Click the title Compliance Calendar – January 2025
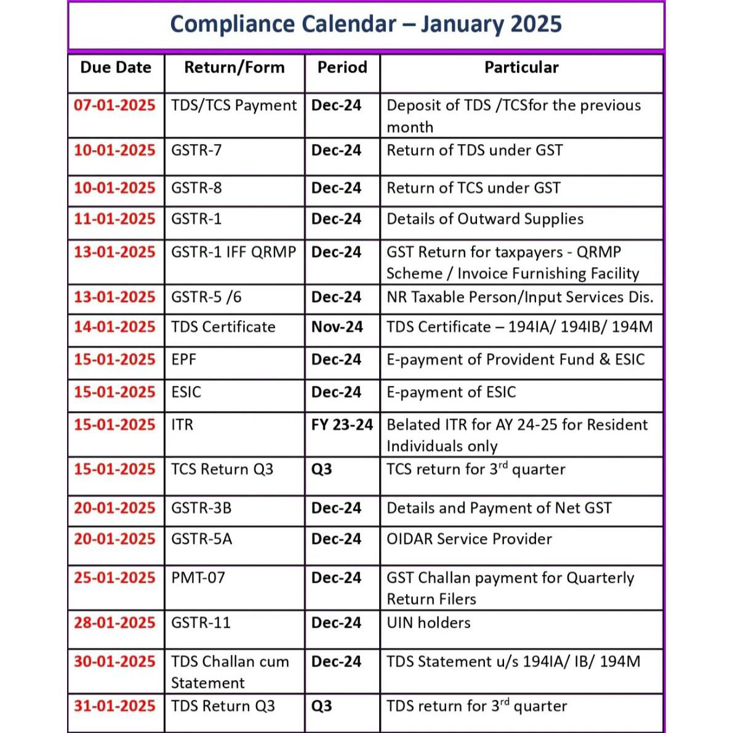366,25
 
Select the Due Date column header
116,67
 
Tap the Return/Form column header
234,67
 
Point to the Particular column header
521,67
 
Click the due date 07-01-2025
115,105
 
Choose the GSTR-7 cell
196,150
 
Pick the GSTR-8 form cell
196,188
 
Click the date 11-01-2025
115,219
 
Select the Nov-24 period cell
337,327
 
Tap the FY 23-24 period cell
342,425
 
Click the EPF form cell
183,359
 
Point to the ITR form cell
182,425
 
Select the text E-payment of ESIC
451,392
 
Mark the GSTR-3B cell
201,508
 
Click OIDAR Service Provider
469,539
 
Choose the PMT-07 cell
198,578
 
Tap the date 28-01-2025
115,623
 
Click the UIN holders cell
428,623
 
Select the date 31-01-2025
115,706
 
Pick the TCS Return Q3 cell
222,470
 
